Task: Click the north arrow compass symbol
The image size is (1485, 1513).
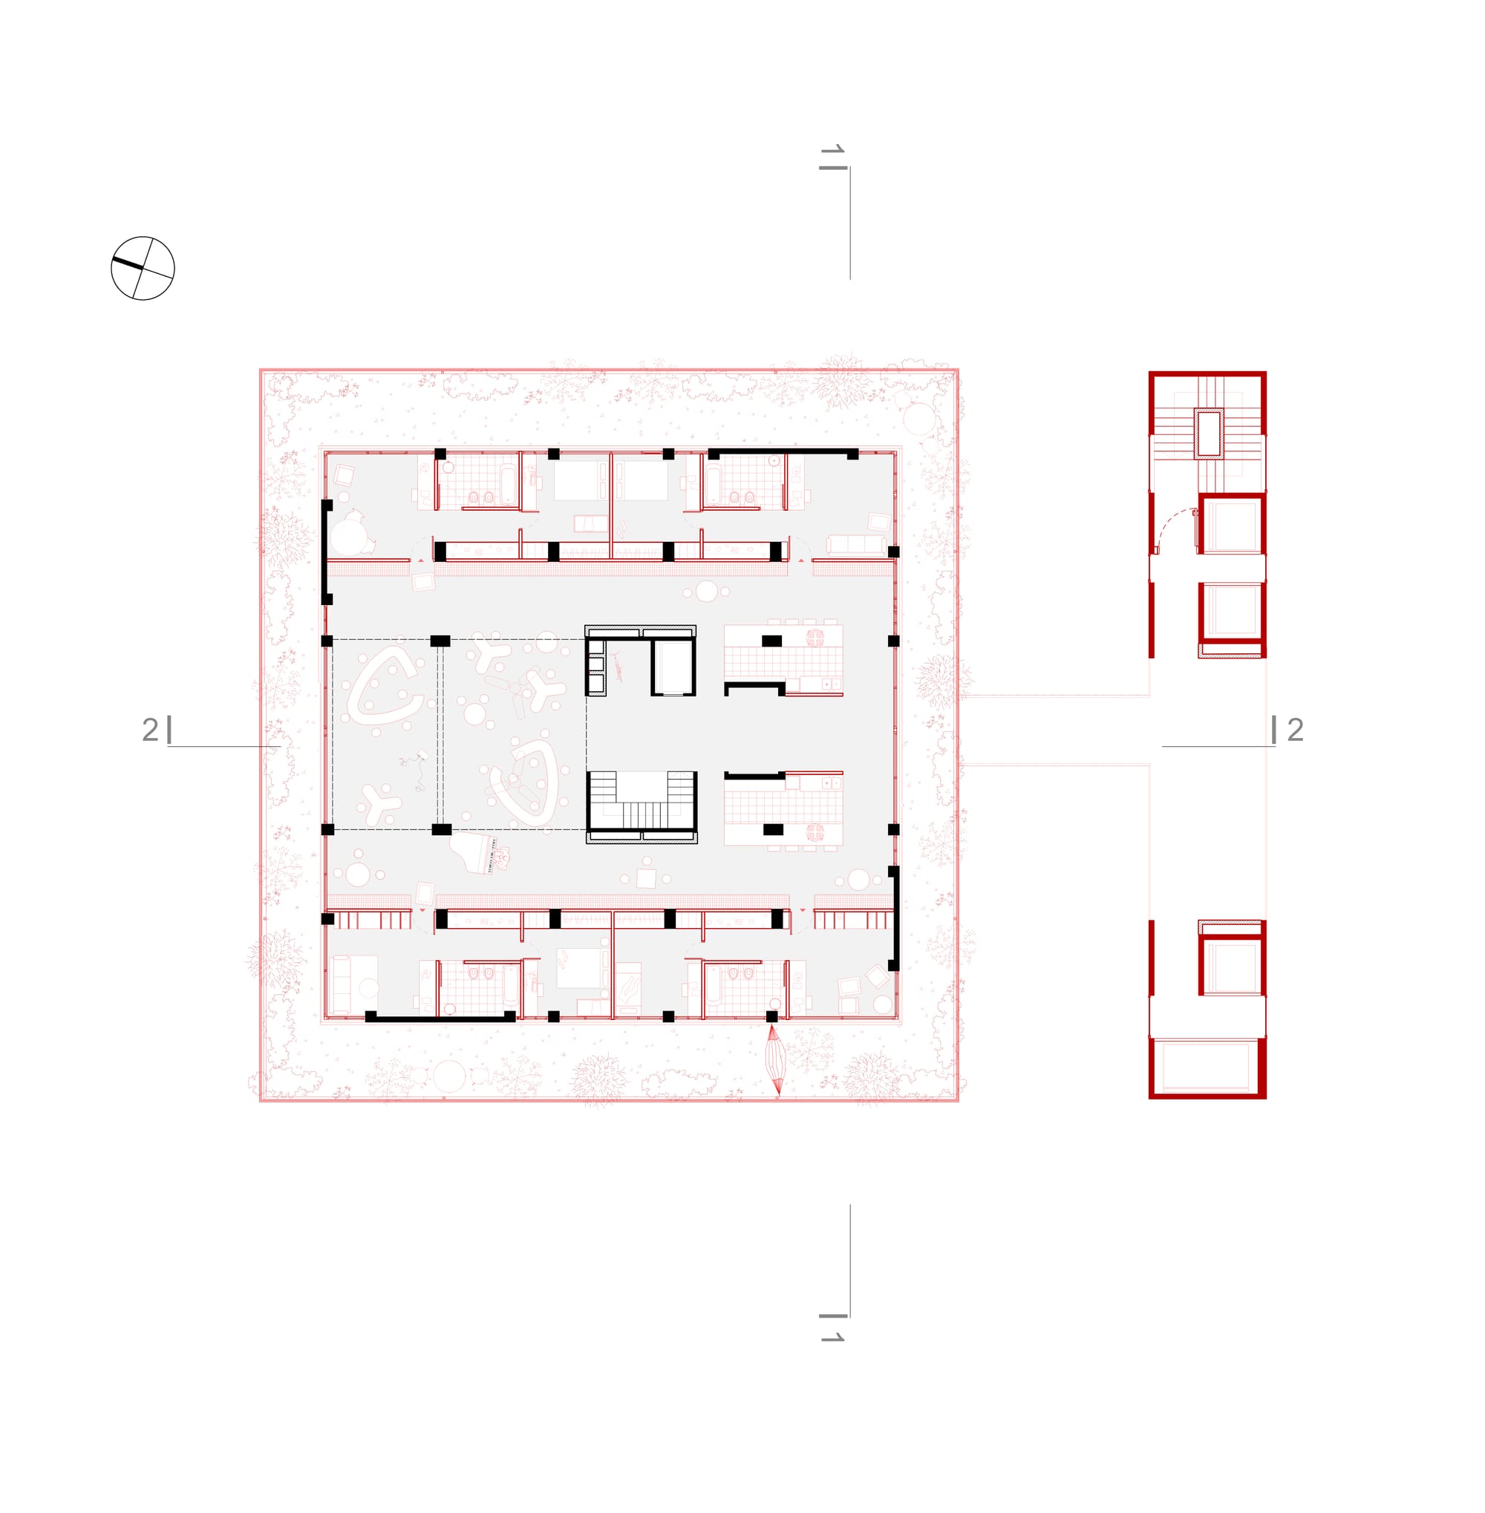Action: [x=143, y=268]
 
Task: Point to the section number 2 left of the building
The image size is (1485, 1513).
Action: [x=150, y=730]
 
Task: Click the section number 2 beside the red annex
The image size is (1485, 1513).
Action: [x=1296, y=730]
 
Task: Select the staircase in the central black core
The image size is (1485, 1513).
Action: [x=641, y=800]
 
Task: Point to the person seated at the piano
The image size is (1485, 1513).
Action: [x=504, y=857]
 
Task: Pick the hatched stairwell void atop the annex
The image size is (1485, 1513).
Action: [x=1209, y=433]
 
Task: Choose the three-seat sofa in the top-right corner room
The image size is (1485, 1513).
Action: [x=856, y=544]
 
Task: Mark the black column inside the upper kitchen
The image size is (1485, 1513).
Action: [x=771, y=641]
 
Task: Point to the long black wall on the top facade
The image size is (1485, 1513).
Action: [x=783, y=452]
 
